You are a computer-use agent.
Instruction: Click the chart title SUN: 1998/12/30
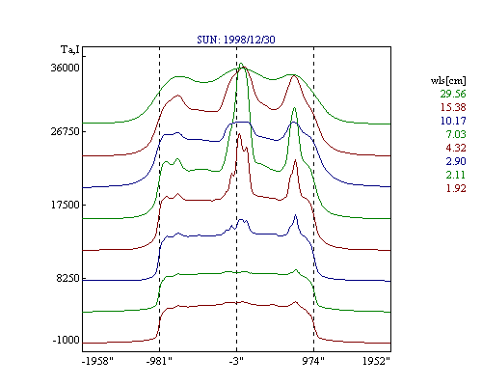click(236, 40)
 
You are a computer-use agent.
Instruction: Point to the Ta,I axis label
click(70, 49)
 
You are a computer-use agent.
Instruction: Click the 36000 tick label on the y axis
click(65, 68)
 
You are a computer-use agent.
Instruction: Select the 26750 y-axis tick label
click(65, 131)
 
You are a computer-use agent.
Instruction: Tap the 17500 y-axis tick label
click(65, 205)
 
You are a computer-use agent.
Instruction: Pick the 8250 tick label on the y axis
click(67, 278)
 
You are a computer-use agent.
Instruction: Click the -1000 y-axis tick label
click(66, 340)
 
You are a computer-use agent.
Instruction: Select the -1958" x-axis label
click(97, 361)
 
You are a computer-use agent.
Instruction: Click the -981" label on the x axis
click(159, 361)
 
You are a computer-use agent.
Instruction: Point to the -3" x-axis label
click(236, 361)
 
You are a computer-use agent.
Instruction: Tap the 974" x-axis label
click(313, 361)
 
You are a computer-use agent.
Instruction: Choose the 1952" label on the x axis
click(376, 361)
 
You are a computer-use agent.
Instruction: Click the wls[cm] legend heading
click(448, 80)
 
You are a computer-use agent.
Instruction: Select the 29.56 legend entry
click(453, 94)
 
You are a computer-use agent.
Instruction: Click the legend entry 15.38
click(453, 107)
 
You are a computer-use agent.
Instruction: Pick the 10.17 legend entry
click(453, 121)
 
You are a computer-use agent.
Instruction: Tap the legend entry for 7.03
click(456, 134)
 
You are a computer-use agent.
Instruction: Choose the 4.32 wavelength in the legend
click(456, 148)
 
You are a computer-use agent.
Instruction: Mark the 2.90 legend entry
click(456, 161)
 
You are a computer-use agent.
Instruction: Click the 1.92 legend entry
click(456, 188)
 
